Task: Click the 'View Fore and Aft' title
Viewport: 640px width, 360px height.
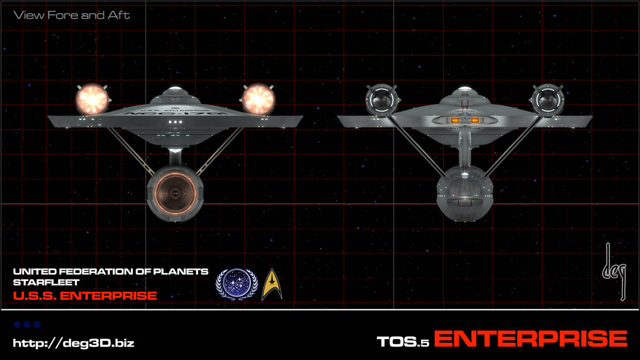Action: (x=72, y=15)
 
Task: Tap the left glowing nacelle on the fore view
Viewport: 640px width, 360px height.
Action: (x=92, y=99)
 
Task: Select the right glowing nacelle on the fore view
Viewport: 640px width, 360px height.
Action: (x=258, y=99)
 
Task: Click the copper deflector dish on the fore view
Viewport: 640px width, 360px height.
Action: (x=175, y=191)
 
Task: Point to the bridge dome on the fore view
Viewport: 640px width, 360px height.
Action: (x=174, y=91)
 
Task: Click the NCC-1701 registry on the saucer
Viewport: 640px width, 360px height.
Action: (x=175, y=114)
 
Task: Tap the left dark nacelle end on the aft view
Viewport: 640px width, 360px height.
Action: (x=381, y=99)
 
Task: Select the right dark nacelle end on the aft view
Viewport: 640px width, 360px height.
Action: (x=548, y=99)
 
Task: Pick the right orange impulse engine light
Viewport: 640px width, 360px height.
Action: (x=475, y=120)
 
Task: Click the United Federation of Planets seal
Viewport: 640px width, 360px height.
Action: (x=236, y=284)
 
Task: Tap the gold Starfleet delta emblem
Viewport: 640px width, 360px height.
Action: (x=272, y=284)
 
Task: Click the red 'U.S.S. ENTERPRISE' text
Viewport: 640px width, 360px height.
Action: (x=85, y=296)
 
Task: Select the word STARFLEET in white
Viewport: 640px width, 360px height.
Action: (x=46, y=282)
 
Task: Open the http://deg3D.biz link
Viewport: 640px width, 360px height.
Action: (x=74, y=343)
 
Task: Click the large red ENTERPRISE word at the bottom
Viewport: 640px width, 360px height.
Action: (x=530, y=340)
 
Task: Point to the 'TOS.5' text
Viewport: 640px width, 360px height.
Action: (x=403, y=342)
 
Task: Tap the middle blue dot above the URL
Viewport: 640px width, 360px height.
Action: (x=27, y=325)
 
